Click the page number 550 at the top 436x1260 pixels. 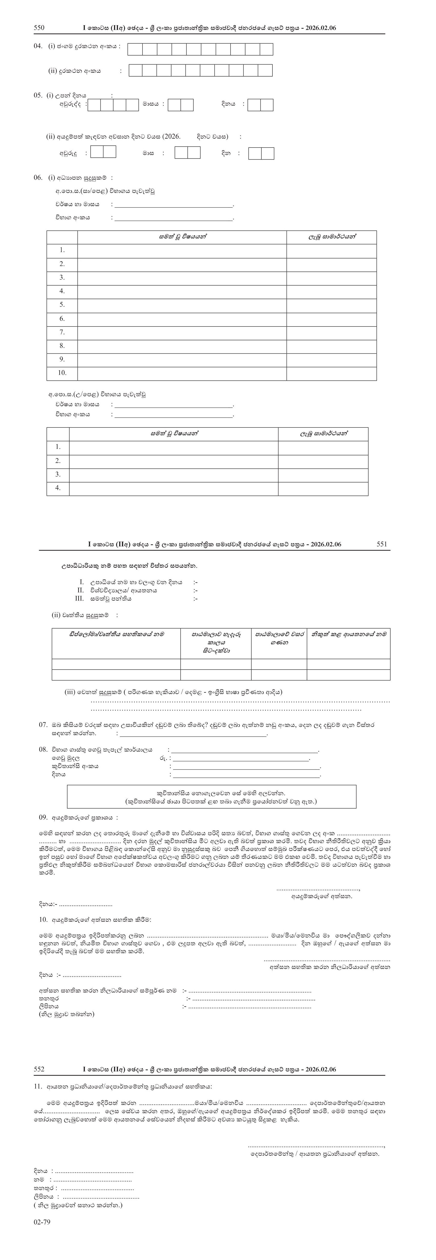coord(39,28)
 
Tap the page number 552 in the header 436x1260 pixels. coord(39,1069)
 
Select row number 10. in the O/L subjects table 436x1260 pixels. coord(62,373)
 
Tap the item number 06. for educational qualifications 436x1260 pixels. coord(38,178)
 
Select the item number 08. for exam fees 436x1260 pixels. coord(43,749)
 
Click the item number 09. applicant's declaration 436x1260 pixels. coord(43,817)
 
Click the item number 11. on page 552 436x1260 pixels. coord(38,1086)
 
